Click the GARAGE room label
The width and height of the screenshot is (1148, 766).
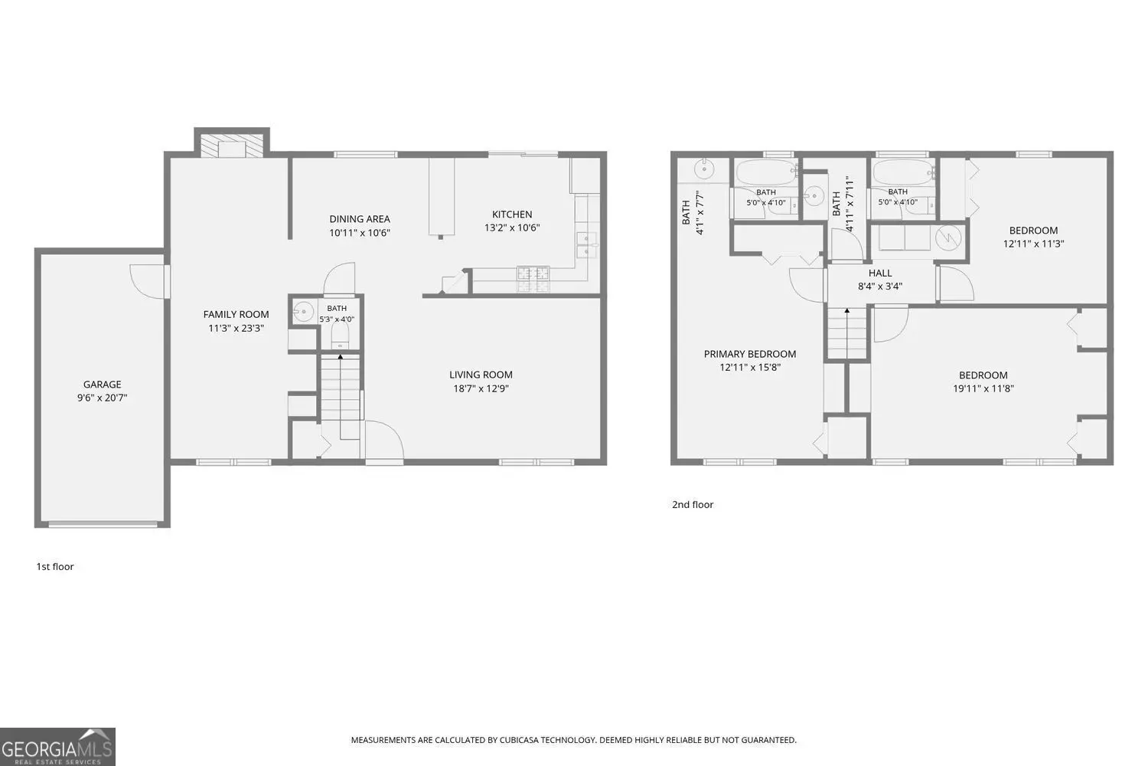tap(102, 385)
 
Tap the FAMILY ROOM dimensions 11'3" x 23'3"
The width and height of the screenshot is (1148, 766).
tap(236, 329)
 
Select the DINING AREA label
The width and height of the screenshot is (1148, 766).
tap(360, 219)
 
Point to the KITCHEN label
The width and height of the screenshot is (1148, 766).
tap(512, 214)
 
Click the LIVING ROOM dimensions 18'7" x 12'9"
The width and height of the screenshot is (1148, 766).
tap(481, 388)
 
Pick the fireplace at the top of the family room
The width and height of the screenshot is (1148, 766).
tap(232, 146)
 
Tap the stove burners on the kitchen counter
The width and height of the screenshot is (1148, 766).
tap(533, 279)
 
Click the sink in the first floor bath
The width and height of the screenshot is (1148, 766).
tap(303, 312)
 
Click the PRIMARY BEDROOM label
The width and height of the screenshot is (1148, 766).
tap(750, 354)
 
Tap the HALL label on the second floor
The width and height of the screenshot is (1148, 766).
tap(880, 273)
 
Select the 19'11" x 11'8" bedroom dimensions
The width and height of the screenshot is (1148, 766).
tap(983, 389)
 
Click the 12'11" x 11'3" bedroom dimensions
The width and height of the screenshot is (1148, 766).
tap(1033, 244)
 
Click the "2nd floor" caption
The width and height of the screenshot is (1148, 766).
tap(693, 504)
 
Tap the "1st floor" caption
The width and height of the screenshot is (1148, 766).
tap(55, 566)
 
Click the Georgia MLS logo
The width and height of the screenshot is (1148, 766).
tap(57, 747)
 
